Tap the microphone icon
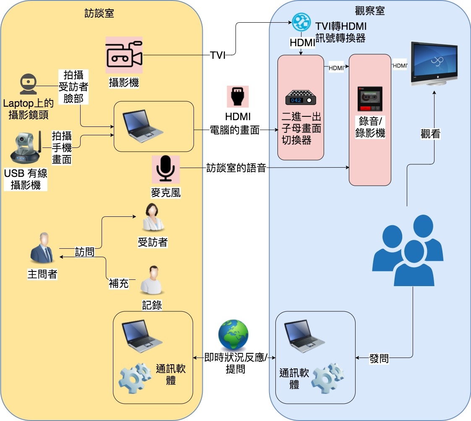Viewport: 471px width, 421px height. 165,169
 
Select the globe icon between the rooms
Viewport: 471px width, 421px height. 233,335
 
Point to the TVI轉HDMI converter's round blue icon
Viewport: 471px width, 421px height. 301,21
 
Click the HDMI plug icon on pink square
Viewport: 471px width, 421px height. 238,97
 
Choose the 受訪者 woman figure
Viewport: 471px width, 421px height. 152,218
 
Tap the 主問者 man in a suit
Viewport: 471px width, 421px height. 42,249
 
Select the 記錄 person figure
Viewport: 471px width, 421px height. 152,281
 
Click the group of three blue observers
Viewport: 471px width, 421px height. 408,251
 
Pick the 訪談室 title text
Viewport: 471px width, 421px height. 99,13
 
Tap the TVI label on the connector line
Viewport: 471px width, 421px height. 218,55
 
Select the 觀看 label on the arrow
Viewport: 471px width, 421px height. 430,134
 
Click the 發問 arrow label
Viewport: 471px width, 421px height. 379,358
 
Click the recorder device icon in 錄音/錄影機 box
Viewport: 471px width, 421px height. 370,99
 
